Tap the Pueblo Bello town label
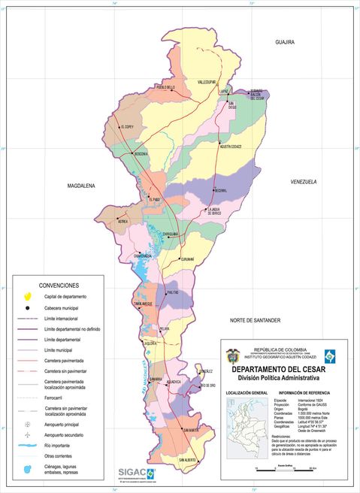point(165,87)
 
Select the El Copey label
point(124,127)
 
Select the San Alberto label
point(187,459)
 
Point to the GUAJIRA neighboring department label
point(285,42)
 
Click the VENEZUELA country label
point(304,182)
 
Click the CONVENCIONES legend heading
point(59,286)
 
